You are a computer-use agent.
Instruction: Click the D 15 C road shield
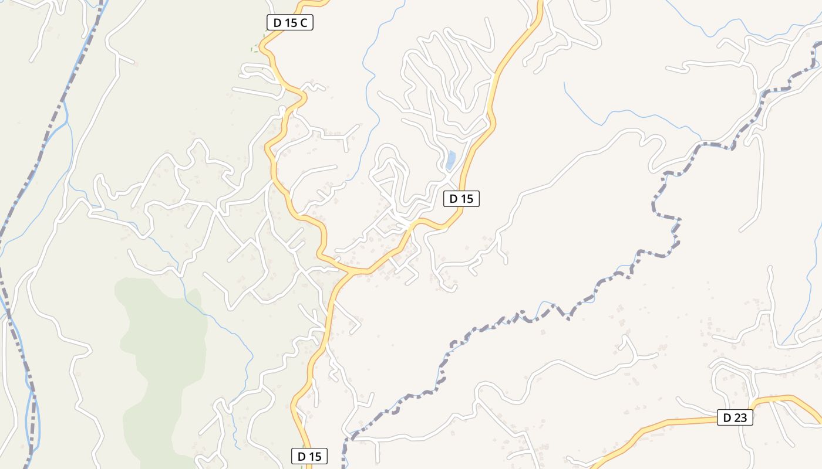coord(290,23)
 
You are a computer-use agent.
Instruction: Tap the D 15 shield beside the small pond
coord(461,199)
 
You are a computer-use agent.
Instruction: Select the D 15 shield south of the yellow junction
coord(309,456)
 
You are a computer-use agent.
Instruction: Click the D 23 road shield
coord(735,417)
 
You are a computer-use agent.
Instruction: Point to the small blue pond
coord(450,160)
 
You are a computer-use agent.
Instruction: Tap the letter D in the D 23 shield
coord(727,417)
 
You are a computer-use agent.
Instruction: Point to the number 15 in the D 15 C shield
coord(291,23)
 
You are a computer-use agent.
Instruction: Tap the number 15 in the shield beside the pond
coord(466,199)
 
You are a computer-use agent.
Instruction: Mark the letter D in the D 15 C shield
coord(277,23)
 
